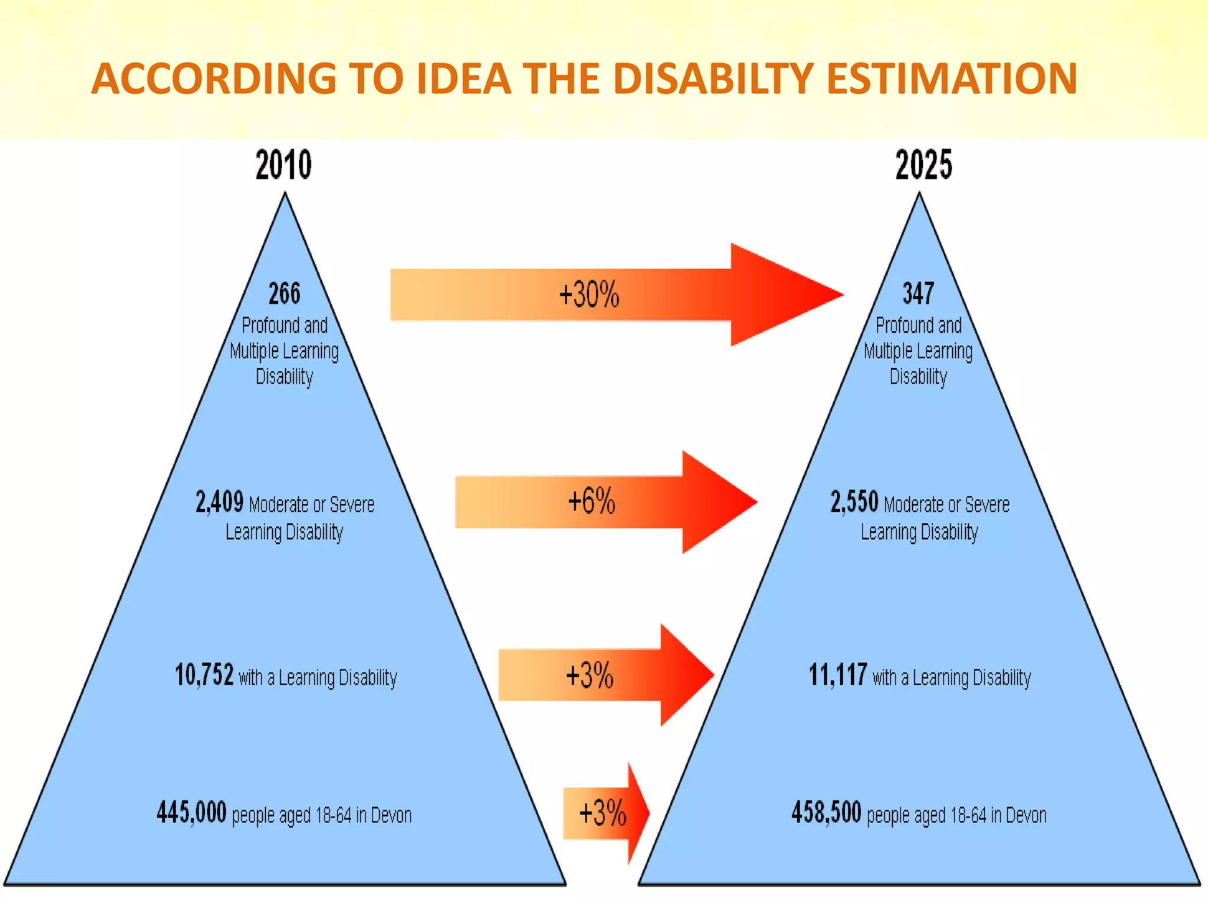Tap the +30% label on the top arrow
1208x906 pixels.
[x=589, y=294]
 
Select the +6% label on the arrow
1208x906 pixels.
[x=592, y=501]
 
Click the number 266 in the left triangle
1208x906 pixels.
[x=284, y=293]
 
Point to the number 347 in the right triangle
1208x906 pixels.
[x=918, y=293]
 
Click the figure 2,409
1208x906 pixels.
[x=219, y=503]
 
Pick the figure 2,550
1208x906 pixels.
[x=854, y=503]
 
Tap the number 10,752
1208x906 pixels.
[x=204, y=675]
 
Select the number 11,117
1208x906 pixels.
[x=838, y=675]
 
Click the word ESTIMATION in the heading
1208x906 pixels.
[x=952, y=78]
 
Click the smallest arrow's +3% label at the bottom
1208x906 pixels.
[x=602, y=813]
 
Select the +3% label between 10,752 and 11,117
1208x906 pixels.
[x=590, y=675]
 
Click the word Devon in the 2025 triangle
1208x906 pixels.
[x=1026, y=815]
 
